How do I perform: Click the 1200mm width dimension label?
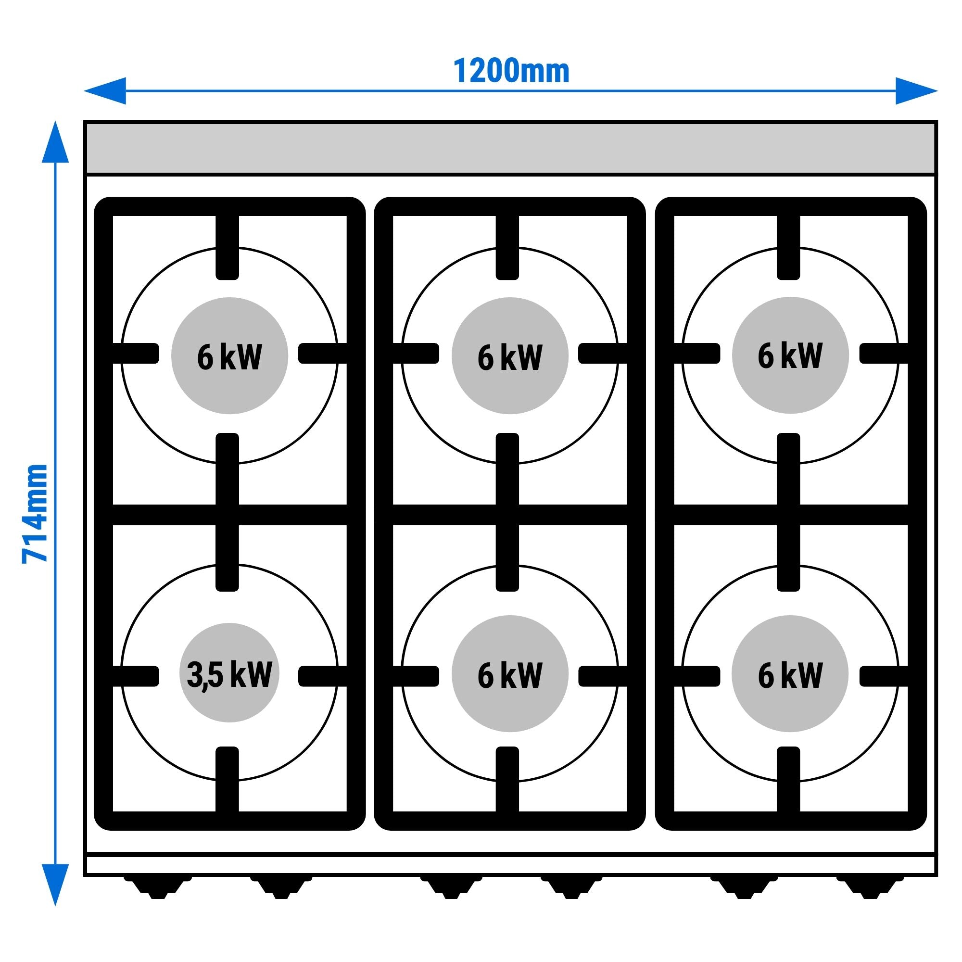pos(511,72)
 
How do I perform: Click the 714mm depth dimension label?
pos(35,513)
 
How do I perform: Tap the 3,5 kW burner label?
pos(229,674)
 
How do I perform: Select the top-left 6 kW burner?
pos(229,355)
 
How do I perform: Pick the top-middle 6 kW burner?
pos(510,355)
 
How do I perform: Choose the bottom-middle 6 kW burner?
pos(510,674)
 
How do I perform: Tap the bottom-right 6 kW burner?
pos(790,674)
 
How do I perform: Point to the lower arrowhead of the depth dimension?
pos(55,884)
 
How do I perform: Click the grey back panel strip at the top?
pos(511,148)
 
